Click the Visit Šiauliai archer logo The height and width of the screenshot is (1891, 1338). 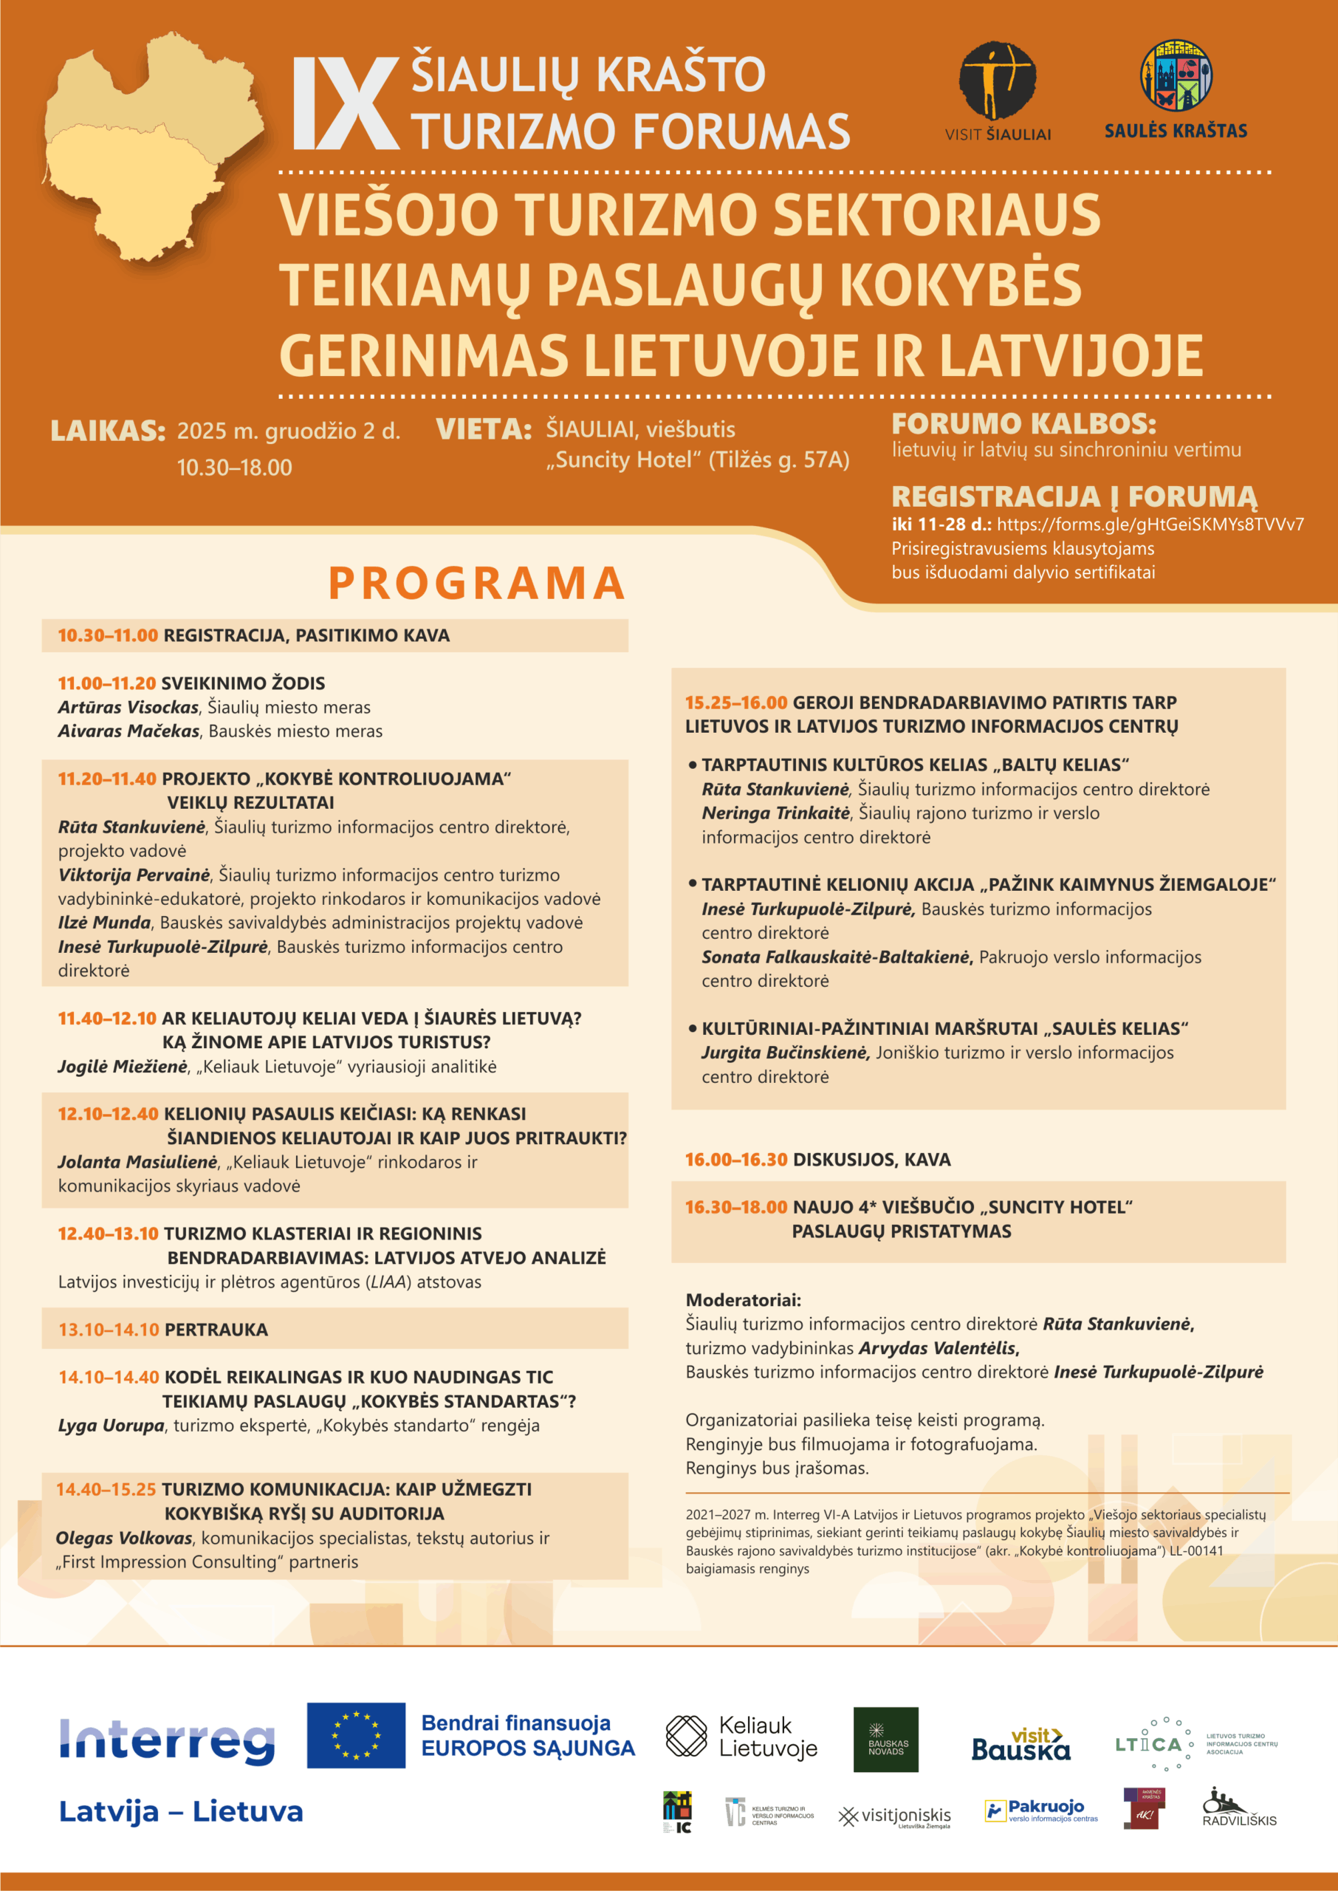point(997,81)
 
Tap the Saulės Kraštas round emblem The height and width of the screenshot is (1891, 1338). point(1176,76)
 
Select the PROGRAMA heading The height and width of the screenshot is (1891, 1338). point(477,584)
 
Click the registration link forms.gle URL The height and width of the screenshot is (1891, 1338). point(1150,524)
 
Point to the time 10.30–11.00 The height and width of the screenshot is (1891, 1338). point(107,635)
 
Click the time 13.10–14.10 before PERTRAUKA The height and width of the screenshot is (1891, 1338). point(108,1329)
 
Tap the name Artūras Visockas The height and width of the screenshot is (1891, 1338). point(128,707)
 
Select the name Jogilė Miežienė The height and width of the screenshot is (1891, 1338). point(123,1066)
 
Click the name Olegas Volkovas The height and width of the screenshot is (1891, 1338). point(123,1537)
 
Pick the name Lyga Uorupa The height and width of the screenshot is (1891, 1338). point(111,1426)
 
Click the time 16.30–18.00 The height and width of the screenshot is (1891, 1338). point(735,1207)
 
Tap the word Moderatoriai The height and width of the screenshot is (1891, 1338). point(742,1300)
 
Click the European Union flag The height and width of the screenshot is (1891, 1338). point(356,1735)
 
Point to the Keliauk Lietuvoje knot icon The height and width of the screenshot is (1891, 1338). point(685,1736)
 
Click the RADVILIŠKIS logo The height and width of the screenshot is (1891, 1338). point(1238,1808)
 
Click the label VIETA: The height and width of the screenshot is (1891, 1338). point(484,429)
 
